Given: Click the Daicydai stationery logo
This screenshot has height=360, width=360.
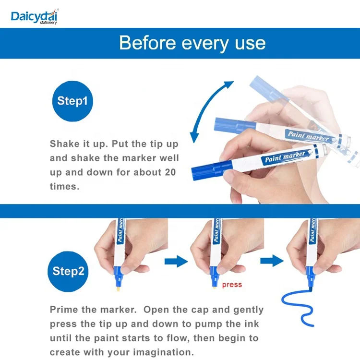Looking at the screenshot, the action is tap(35, 16).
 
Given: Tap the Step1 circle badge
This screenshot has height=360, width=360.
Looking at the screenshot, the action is tap(72, 101).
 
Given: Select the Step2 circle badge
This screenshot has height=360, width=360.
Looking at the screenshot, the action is tap(68, 271).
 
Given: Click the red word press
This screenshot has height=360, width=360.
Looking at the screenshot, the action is tap(232, 285).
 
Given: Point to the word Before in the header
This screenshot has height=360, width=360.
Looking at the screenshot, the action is tap(148, 43).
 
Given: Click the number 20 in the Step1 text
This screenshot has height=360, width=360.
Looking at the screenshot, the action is tap(170, 172).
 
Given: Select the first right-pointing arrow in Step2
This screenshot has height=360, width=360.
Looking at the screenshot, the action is tap(176, 261).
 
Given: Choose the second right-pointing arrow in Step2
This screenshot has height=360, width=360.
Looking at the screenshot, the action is tap(272, 261).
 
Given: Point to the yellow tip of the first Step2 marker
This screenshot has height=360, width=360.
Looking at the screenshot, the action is tap(119, 288).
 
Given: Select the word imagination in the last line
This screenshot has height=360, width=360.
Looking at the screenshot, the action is tap(164, 352).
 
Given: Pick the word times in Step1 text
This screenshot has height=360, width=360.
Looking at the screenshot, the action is tap(64, 186).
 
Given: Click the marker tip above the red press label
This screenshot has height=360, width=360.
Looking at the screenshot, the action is tap(214, 286).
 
